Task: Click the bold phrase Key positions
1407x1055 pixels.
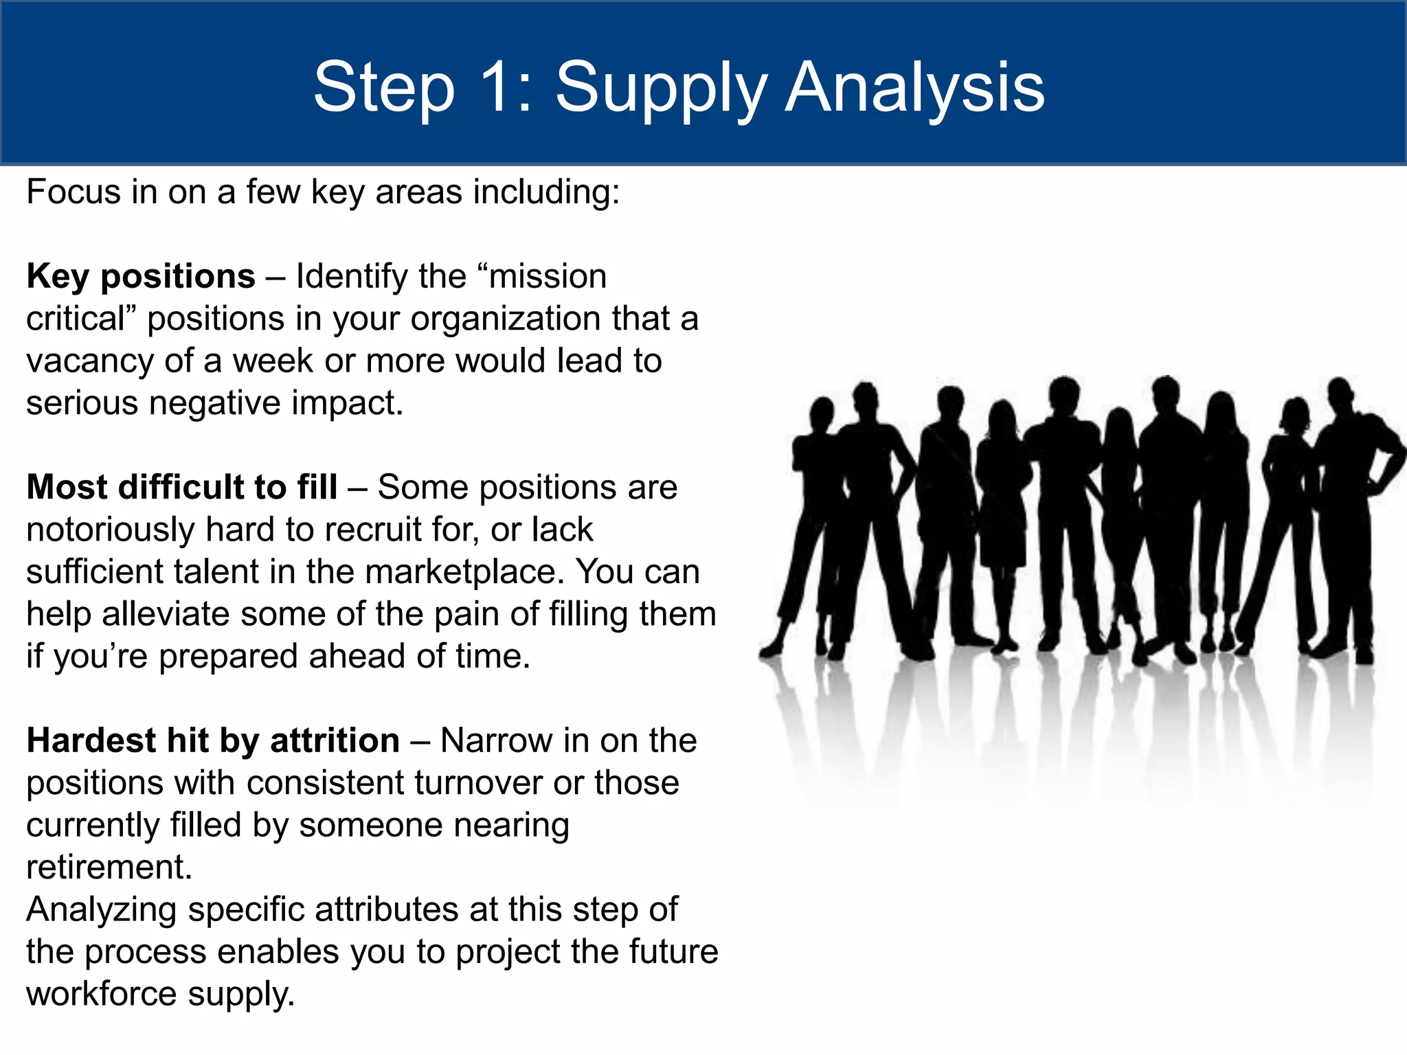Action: [141, 276]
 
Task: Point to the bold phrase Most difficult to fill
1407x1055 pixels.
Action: [182, 487]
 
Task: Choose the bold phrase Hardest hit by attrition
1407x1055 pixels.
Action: [213, 740]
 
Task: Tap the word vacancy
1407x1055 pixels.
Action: [89, 362]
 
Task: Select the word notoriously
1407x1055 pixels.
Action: [111, 530]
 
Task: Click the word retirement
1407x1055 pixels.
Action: [109, 867]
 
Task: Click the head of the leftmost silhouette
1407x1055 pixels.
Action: [821, 413]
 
